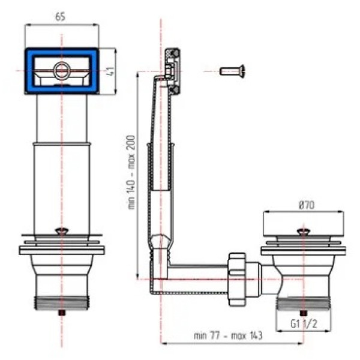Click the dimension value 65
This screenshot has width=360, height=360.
60,17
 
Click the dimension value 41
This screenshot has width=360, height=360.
110,71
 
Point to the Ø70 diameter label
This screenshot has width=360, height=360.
306,205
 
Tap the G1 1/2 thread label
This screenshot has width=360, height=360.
304,324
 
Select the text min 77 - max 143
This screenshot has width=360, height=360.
228,335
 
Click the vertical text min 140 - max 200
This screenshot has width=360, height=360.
131,172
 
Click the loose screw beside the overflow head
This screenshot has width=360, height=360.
232,71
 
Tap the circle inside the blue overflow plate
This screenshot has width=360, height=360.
61,70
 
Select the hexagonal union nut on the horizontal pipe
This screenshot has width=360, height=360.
236,279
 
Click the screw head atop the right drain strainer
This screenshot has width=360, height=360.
303,232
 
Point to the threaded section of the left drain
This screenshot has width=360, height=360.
62,303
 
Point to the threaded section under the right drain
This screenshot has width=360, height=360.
303,304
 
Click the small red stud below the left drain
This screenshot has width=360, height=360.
62,312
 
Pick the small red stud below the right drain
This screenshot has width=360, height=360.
303,313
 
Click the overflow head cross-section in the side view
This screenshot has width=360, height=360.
173,71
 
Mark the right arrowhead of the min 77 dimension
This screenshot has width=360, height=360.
301,343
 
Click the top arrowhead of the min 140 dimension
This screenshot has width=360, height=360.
137,74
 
